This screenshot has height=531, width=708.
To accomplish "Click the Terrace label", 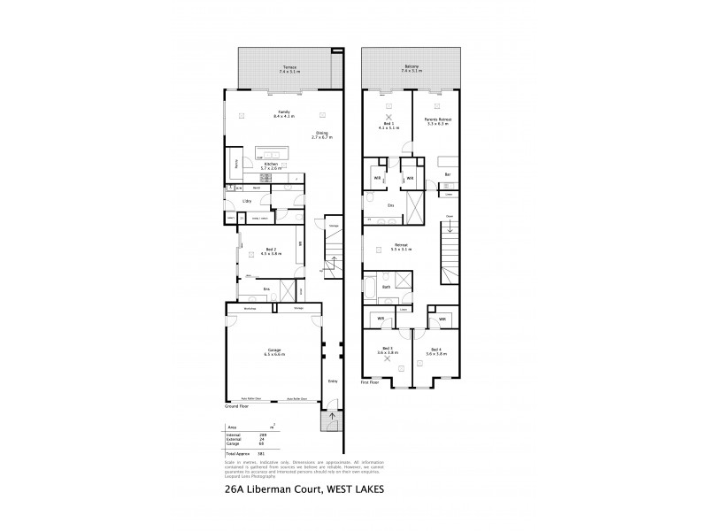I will pyautogui.click(x=289, y=67).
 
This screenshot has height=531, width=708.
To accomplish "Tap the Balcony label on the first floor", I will pyautogui.click(x=412, y=67).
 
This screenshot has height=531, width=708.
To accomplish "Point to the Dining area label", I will pyautogui.click(x=322, y=134).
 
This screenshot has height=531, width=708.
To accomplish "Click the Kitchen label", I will pyautogui.click(x=272, y=165).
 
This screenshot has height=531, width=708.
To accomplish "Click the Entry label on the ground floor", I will pyautogui.click(x=333, y=381).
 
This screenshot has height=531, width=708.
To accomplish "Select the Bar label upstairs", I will pyautogui.click(x=448, y=173).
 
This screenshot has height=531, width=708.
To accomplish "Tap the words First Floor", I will pyautogui.click(x=371, y=382).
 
